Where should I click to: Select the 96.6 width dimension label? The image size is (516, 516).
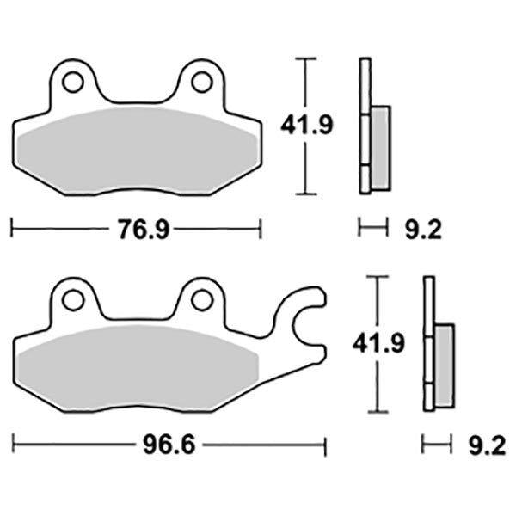pyautogui.click(x=170, y=446)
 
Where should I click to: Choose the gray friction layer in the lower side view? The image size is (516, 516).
pyautogui.click(x=444, y=365)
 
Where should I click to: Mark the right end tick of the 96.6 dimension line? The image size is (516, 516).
pyautogui.click(x=325, y=446)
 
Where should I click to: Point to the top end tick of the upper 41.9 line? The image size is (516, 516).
pyautogui.click(x=303, y=58)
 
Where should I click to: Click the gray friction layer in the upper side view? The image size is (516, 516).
pyautogui.click(x=380, y=146)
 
